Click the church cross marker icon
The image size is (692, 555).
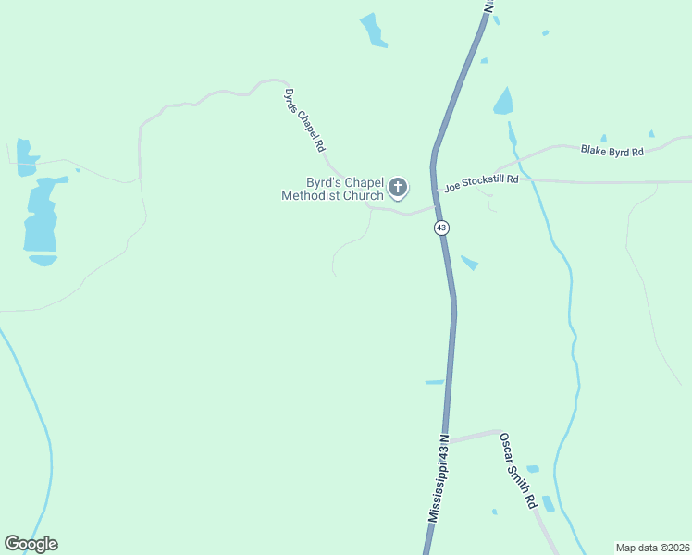point(398,189)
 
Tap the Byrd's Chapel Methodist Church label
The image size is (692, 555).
point(332,189)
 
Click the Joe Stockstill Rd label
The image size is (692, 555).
point(481,182)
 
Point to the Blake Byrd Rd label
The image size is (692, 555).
point(612,150)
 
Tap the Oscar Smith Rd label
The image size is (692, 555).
point(518,471)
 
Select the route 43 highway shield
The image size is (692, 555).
point(441,228)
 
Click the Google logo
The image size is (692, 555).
point(31,544)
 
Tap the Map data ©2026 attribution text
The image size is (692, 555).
point(651,547)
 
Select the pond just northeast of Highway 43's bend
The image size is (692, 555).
point(503,102)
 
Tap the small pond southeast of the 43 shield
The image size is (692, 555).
point(470,263)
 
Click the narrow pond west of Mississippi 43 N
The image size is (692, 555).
point(434,382)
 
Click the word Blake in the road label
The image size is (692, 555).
point(594,149)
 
